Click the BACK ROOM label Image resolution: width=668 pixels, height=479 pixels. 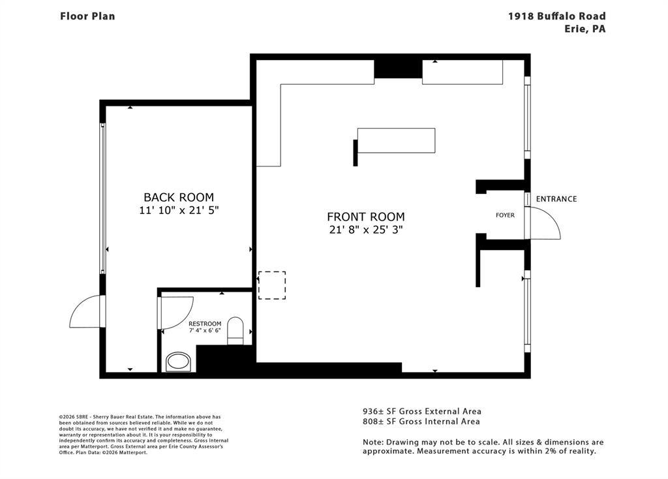point(179,197)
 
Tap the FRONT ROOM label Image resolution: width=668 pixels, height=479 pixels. point(366,217)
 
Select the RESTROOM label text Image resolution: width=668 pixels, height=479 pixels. point(205,324)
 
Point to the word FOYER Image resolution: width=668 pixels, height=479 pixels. point(506,215)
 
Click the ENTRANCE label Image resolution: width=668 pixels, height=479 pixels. point(556,199)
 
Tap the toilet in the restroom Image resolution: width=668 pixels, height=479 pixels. point(235,331)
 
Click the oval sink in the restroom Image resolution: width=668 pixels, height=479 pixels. point(178,362)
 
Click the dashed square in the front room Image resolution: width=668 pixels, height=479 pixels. point(272,285)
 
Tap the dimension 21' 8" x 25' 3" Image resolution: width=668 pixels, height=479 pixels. point(366,230)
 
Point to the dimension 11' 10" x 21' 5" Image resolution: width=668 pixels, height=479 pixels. point(179,210)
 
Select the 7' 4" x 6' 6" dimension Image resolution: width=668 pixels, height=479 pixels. point(205,330)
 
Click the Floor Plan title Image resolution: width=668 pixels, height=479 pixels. point(87,16)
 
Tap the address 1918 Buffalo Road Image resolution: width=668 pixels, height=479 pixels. point(557,16)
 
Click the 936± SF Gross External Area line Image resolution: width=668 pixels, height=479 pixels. point(422,411)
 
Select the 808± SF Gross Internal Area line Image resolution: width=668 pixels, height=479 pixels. point(421,422)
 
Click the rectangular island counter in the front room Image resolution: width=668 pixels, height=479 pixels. point(396,140)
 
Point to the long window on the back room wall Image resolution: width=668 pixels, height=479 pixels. point(102,198)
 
